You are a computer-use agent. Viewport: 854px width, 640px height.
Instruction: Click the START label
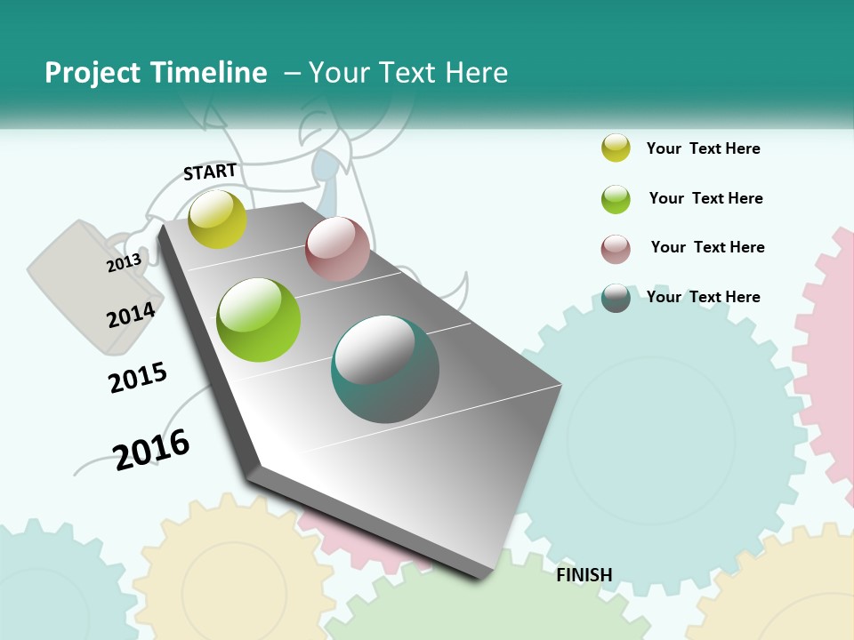pos(210,172)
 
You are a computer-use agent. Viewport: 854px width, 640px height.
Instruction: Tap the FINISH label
pos(584,575)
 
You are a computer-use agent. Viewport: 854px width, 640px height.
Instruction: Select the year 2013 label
pos(125,262)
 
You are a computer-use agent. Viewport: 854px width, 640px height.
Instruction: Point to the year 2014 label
pos(131,316)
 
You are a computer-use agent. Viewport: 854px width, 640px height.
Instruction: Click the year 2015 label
pos(138,378)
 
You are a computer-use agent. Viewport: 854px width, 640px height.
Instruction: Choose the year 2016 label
pos(151,449)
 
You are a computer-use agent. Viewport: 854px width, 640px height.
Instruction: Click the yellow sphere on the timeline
pos(218,219)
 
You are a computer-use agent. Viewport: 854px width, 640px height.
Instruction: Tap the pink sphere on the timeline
pos(337,249)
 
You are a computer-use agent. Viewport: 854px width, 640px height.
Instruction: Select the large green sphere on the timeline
pos(259,320)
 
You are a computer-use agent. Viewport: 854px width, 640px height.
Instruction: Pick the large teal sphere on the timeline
pos(385,369)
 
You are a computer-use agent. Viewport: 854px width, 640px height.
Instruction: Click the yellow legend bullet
pos(616,148)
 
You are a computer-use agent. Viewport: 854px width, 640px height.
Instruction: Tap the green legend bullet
pos(616,199)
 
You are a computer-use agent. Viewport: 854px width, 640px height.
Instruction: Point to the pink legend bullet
pos(616,249)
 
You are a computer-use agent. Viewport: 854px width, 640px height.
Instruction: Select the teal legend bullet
pos(616,298)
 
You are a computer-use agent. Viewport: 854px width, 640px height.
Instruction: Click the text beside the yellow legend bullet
pos(703,148)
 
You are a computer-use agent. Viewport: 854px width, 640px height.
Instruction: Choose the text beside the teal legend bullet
pos(703,297)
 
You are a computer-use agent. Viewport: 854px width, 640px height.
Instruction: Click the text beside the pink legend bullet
pos(707,247)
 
